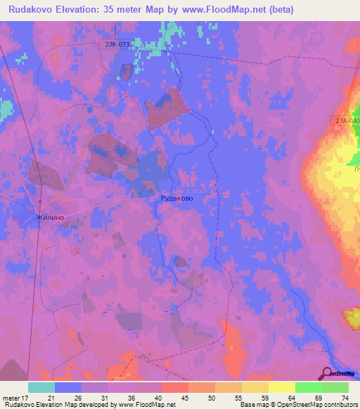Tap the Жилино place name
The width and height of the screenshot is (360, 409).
[x=51, y=218]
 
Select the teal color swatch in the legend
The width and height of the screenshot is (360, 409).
[x=41, y=387]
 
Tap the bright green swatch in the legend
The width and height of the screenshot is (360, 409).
[x=309, y=387]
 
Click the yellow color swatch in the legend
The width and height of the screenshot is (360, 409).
[x=282, y=387]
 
